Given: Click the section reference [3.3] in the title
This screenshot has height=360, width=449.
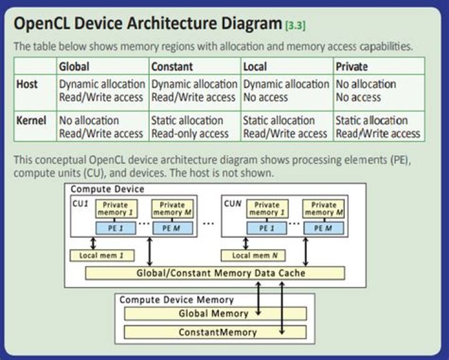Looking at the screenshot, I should tap(295, 26).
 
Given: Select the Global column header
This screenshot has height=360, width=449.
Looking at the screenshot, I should tap(74, 66).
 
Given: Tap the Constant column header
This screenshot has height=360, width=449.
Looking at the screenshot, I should tap(171, 66).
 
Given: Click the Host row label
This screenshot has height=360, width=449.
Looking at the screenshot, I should tap(26, 84).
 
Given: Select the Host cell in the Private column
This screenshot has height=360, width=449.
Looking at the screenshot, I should tap(365, 90).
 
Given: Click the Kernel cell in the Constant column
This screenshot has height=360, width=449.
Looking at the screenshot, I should tap(194, 127).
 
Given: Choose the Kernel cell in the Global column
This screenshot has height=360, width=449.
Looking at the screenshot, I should tap(101, 127).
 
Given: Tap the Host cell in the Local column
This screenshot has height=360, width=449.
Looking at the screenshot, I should tap(286, 90).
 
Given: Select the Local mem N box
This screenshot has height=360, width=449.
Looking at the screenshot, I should tap(252, 255).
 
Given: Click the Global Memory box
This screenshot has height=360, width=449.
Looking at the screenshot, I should tap(214, 313).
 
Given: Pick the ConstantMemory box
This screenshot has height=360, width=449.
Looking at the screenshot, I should tap(214, 331).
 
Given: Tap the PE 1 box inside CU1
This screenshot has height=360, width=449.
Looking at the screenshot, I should tap(113, 228).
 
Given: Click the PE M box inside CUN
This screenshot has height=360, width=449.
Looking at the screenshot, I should tap(324, 228).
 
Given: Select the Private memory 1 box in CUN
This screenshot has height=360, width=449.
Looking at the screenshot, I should tap(267, 208).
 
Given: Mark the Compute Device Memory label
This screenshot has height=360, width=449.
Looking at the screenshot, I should tap(176, 300).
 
